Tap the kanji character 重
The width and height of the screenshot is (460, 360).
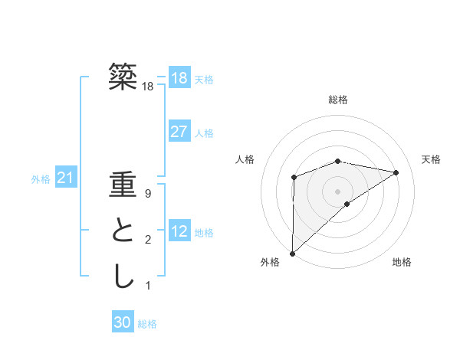point(123,187)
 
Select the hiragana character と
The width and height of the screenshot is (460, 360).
point(123,231)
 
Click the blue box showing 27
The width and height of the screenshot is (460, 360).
point(179,131)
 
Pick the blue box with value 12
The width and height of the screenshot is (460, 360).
point(179,231)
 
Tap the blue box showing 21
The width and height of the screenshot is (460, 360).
point(65,178)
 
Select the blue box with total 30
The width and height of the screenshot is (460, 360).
point(123,322)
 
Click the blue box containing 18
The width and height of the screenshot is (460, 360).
point(179,77)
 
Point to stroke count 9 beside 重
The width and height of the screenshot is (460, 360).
point(148,195)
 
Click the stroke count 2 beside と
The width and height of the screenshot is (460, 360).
point(148,241)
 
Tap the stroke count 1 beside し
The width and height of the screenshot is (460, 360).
point(148,286)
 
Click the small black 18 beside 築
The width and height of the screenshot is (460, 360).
point(148,87)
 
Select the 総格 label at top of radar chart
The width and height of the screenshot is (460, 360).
point(338,100)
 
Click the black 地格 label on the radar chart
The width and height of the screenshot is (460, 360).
point(402,262)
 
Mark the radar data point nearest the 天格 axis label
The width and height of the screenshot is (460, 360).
point(396,172)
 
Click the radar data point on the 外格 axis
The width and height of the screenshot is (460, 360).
point(292,253)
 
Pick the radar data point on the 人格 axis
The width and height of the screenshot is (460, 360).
point(294,178)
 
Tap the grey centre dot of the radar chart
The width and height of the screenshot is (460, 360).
point(338,191)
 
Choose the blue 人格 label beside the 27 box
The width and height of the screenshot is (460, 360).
point(204,133)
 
